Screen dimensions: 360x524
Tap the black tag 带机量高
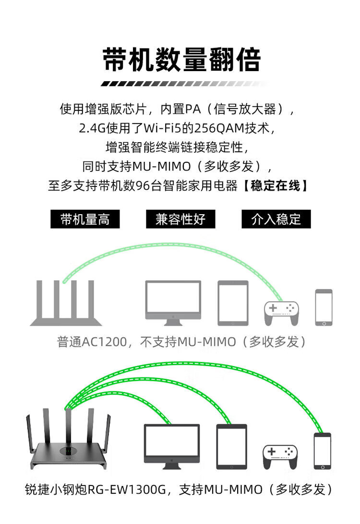click(x=85, y=219)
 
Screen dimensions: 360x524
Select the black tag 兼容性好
click(x=180, y=219)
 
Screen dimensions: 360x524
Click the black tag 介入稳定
click(x=276, y=219)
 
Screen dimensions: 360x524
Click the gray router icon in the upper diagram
click(x=66, y=303)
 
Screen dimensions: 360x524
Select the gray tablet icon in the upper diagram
click(x=233, y=303)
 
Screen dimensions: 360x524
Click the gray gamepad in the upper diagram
click(x=281, y=313)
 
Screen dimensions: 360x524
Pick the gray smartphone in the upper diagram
click(x=324, y=307)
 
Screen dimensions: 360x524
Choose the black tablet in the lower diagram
click(x=231, y=446)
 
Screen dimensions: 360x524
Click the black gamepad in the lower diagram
click(x=280, y=456)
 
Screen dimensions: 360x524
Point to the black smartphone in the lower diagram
click(x=323, y=451)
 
